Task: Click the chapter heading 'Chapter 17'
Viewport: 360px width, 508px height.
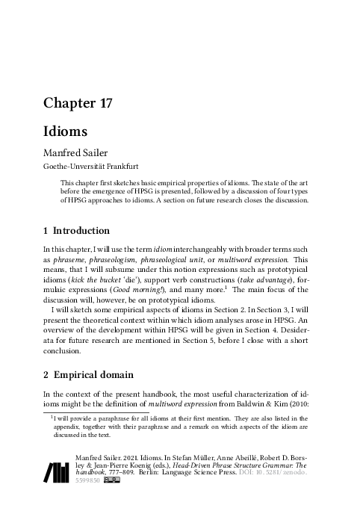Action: (77, 104)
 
